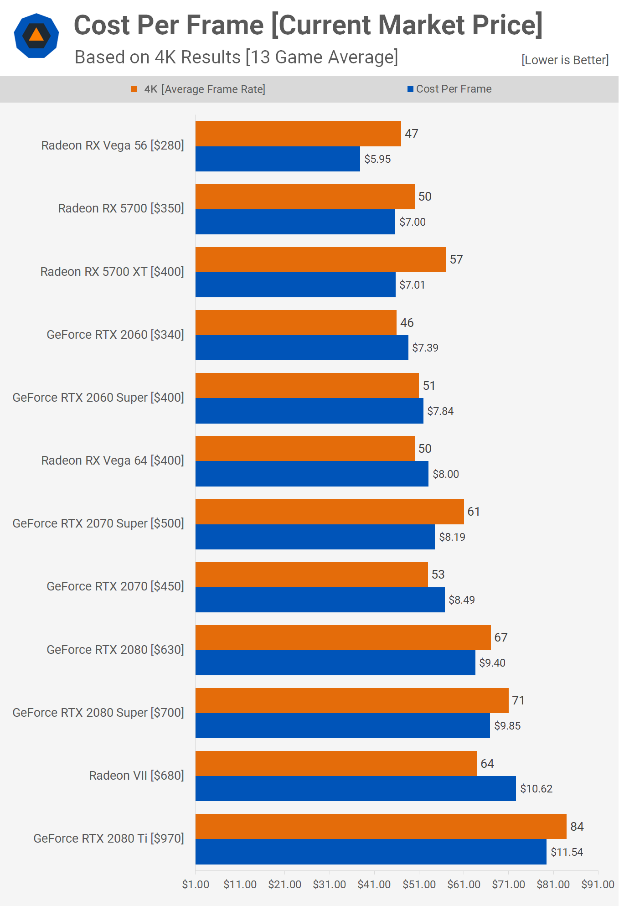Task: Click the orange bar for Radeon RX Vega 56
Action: click(x=298, y=134)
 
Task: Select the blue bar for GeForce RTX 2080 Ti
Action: click(x=371, y=852)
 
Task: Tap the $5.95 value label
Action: click(x=377, y=159)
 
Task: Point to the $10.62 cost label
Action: click(x=536, y=789)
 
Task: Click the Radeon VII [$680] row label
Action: click(x=136, y=776)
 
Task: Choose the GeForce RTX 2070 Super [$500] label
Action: click(x=98, y=523)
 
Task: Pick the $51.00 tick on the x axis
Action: click(x=419, y=885)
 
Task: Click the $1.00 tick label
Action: click(x=196, y=885)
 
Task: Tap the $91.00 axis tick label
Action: click(x=598, y=885)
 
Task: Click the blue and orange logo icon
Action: click(x=36, y=36)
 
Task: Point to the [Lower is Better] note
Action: click(x=565, y=60)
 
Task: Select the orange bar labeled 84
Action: click(x=381, y=827)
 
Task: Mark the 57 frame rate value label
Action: click(x=456, y=259)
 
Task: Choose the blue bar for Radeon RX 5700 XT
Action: click(x=295, y=285)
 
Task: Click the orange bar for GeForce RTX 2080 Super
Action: click(x=352, y=701)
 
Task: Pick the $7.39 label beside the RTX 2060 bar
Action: click(x=425, y=348)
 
